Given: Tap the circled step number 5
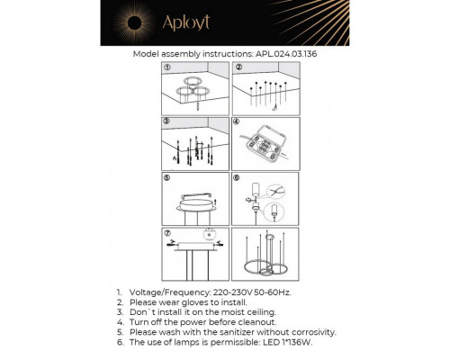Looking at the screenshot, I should coord(167,176).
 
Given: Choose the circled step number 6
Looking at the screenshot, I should coord(238,176).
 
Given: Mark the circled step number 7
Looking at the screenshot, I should coord(167,231).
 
